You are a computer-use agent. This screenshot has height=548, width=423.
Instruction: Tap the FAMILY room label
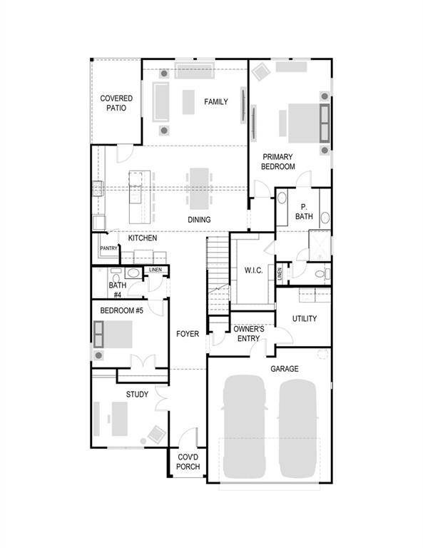pyautogui.click(x=216, y=102)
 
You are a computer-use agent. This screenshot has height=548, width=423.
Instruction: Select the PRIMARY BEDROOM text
pyautogui.click(x=278, y=161)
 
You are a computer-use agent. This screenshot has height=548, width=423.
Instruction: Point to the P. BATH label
pyautogui.click(x=305, y=211)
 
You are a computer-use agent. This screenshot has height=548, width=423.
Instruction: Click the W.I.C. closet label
pyautogui.click(x=253, y=270)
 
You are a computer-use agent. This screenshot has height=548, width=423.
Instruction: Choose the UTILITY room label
pyautogui.click(x=305, y=318)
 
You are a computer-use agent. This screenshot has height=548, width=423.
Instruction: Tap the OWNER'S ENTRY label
pyautogui.click(x=249, y=333)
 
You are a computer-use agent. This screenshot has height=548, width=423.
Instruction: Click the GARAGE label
pyautogui.click(x=284, y=368)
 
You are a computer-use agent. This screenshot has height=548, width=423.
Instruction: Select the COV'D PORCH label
pyautogui.click(x=188, y=462)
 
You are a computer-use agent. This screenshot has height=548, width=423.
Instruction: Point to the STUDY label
pyautogui.click(x=137, y=395)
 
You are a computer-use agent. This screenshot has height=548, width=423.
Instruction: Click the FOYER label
pyautogui.click(x=188, y=333)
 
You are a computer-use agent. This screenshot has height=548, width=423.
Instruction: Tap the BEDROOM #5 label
pyautogui.click(x=121, y=310)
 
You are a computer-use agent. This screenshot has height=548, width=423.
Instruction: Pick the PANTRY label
pyautogui.click(x=108, y=248)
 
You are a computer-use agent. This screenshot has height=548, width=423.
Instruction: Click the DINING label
pyautogui.click(x=199, y=220)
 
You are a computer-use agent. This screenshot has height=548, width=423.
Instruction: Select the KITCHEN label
pyautogui.click(x=143, y=238)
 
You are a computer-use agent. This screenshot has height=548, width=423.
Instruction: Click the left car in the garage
pyautogui.click(x=244, y=428)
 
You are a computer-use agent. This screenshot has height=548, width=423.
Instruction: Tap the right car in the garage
pyautogui.click(x=297, y=428)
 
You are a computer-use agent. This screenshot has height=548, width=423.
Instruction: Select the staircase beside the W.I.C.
pyautogui.click(x=218, y=271)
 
